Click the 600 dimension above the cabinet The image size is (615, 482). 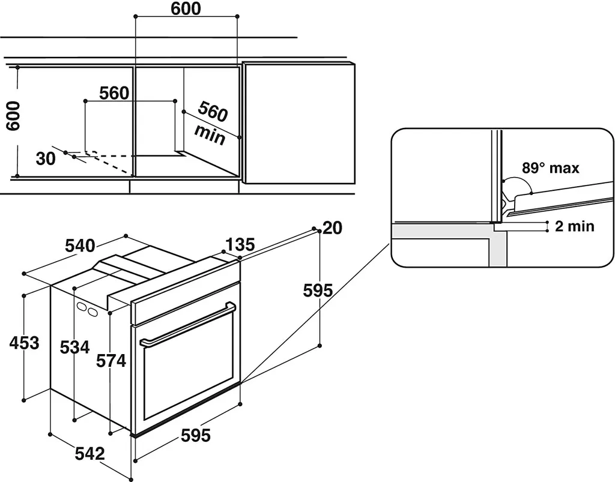[186, 9]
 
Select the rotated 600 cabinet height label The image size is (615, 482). [13, 116]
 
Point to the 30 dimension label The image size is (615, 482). [46, 158]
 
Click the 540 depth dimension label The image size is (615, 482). [80, 246]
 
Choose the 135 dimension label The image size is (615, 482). [240, 244]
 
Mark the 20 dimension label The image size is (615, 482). [332, 227]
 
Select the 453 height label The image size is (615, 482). [24, 343]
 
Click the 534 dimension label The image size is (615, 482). [75, 347]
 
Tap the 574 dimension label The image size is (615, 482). [111, 361]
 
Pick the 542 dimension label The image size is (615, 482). [90, 453]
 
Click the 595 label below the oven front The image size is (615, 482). [196, 435]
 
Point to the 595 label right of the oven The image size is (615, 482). [318, 291]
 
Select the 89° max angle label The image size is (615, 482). [550, 168]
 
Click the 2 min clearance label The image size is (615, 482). [575, 226]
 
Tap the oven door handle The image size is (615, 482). [188, 325]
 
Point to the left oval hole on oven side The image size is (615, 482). [82, 306]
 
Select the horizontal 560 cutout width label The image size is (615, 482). [114, 93]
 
